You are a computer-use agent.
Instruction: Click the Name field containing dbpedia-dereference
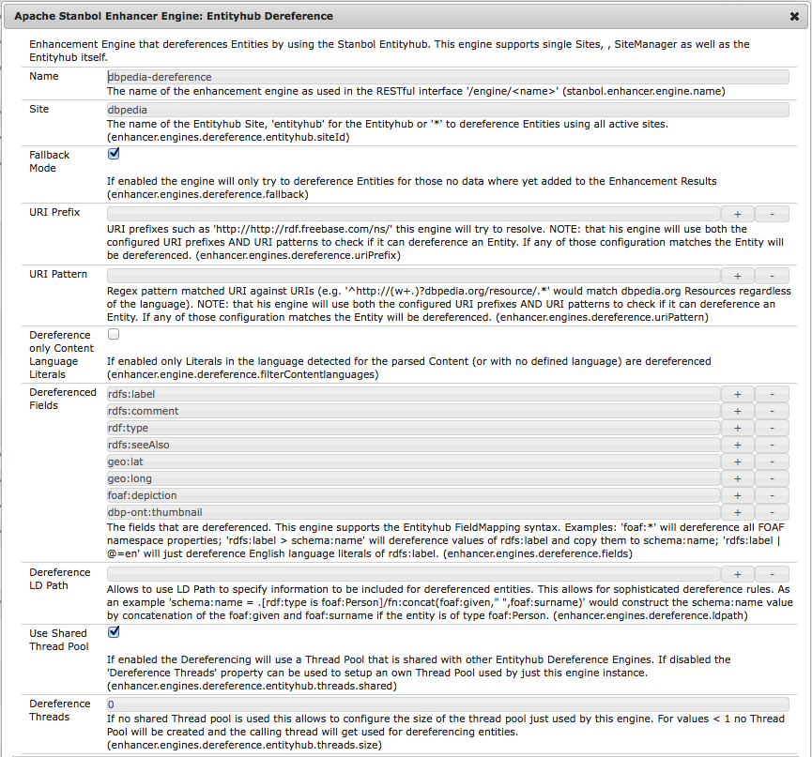447,76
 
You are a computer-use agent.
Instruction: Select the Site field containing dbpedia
447,109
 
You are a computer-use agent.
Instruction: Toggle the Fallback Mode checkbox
114,154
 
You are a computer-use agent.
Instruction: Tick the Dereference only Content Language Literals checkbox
114,333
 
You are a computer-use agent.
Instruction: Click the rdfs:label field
413,394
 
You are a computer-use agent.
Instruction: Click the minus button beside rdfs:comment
772,411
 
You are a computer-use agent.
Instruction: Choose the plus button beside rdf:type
737,428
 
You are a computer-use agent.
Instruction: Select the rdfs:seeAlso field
413,445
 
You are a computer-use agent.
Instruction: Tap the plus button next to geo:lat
737,462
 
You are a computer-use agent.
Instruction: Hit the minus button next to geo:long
772,478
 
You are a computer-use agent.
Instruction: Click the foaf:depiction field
413,495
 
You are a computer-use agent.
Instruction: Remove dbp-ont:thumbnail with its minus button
772,512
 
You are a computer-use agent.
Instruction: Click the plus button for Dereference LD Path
737,574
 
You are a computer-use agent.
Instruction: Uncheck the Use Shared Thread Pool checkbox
114,632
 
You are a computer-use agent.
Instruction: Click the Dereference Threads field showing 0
447,704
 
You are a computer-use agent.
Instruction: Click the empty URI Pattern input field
413,276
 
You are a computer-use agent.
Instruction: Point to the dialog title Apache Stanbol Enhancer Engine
173,16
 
